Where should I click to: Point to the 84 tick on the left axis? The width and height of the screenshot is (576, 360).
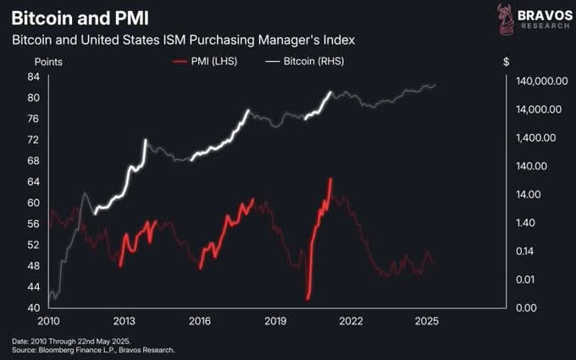click(x=34, y=76)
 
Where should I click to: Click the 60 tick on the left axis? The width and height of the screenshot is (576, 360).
click(x=34, y=202)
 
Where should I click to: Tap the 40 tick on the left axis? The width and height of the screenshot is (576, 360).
click(x=34, y=307)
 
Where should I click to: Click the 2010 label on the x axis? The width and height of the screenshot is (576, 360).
click(x=49, y=323)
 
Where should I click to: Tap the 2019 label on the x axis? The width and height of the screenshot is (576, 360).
click(x=275, y=323)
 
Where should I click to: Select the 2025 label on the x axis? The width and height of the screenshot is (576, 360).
click(x=426, y=323)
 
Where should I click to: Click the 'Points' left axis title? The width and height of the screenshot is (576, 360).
click(x=48, y=61)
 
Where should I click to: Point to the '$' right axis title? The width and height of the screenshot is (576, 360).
click(x=506, y=61)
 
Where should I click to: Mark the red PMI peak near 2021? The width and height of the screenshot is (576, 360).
click(x=330, y=180)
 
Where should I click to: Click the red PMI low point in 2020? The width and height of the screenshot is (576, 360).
click(x=308, y=298)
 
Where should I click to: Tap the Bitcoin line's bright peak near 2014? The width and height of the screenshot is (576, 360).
click(x=146, y=140)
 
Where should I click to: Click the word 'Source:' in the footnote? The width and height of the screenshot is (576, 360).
click(x=26, y=349)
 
